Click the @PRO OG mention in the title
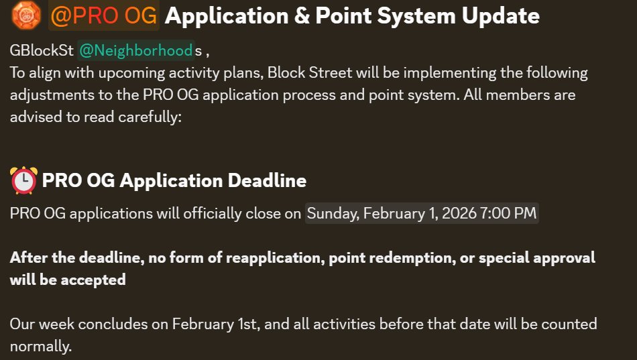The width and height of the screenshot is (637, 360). click(x=104, y=15)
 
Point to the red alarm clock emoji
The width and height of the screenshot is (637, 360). click(x=24, y=180)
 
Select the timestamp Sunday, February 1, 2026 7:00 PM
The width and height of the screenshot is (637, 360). click(x=422, y=213)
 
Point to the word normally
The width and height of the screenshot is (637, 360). click(x=40, y=347)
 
